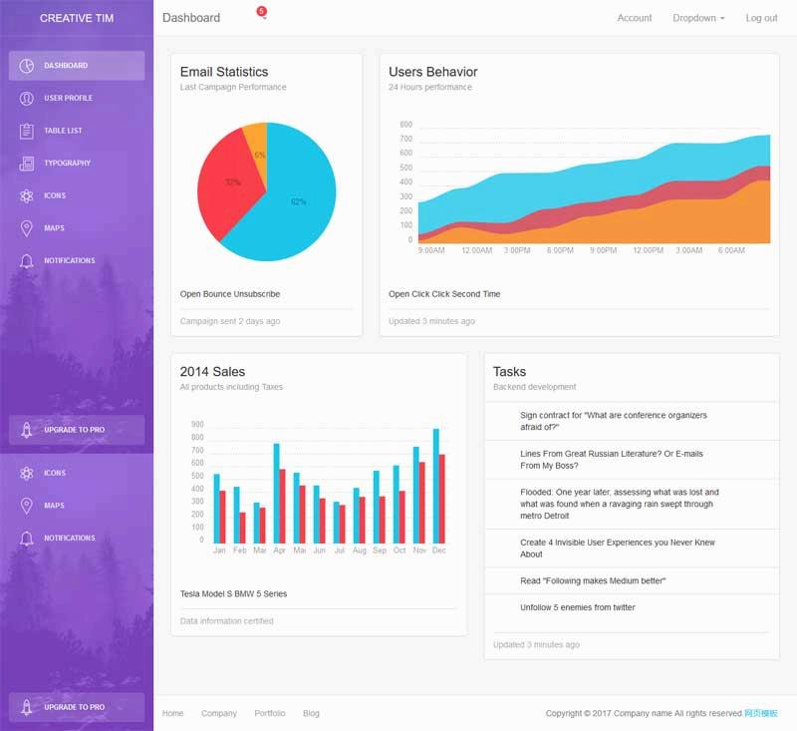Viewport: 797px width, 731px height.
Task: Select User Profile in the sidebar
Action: coord(68,99)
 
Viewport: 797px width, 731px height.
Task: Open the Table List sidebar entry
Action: coord(63,131)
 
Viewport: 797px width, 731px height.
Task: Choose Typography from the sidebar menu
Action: coord(67,164)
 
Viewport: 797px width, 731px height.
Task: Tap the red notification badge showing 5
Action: coord(261,11)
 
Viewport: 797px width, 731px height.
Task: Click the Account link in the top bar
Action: coord(634,18)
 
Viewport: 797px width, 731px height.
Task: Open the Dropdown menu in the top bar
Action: coord(697,18)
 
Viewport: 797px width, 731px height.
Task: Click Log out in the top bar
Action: coord(761,18)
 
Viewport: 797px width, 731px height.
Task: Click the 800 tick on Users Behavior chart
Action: coord(405,125)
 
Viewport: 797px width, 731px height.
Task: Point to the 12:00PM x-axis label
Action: coord(648,250)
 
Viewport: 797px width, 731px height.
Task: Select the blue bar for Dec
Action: coord(435,486)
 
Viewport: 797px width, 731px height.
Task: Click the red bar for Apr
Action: coord(282,506)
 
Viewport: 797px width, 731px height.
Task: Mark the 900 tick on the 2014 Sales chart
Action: coord(197,425)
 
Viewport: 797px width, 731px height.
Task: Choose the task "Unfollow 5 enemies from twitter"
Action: coord(577,607)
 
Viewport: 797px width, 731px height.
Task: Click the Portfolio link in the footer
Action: coord(269,713)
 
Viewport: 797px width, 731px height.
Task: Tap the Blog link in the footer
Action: coord(311,713)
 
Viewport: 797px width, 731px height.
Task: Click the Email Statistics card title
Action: coord(223,72)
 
